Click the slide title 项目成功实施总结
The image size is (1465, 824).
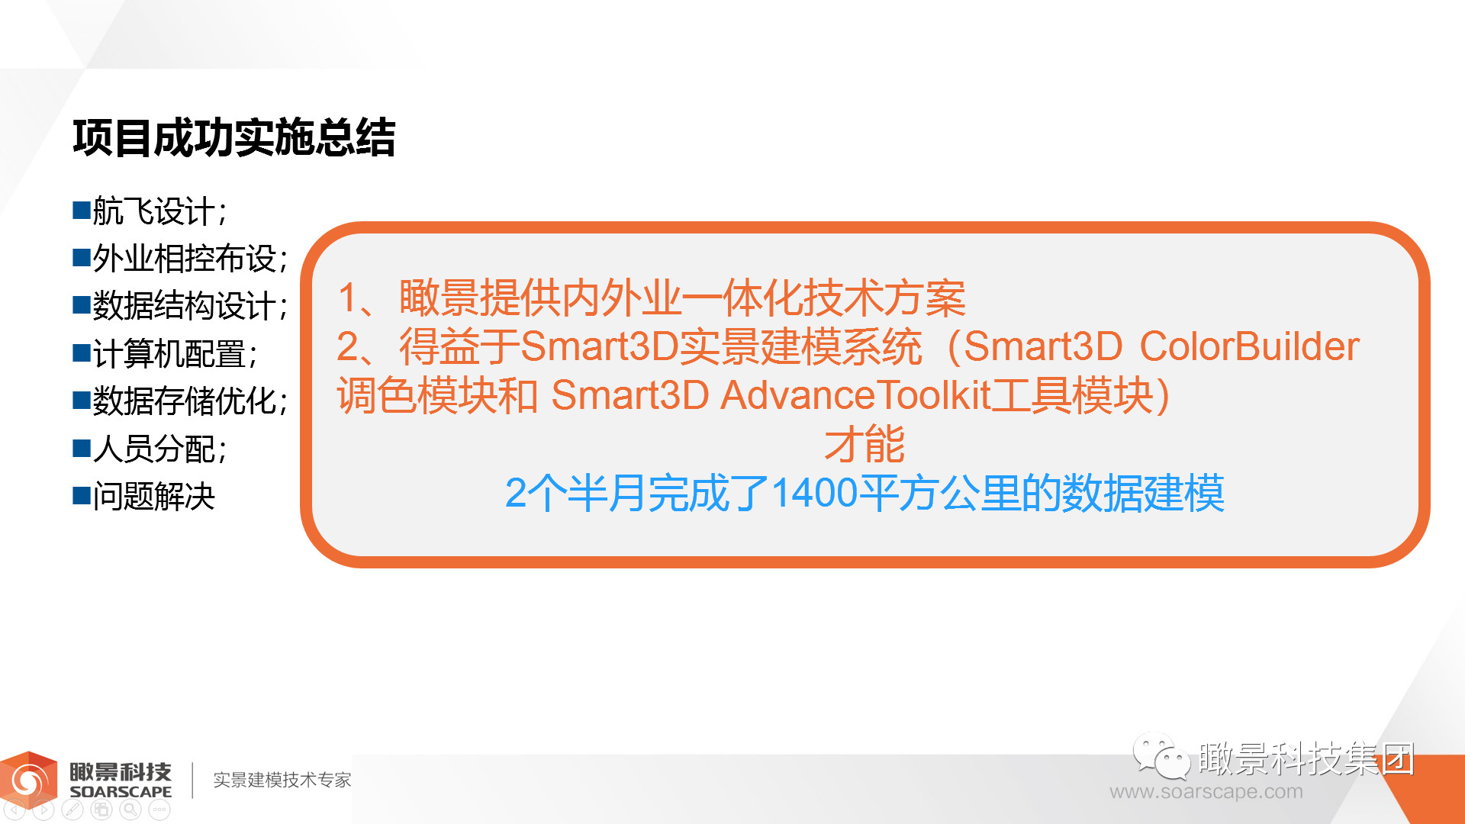pyautogui.click(x=234, y=138)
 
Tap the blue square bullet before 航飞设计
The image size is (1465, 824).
pyautogui.click(x=82, y=210)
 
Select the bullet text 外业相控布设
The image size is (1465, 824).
pyautogui.click(x=184, y=259)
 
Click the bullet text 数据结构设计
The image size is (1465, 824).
pyautogui.click(x=184, y=306)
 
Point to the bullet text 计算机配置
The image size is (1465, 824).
pyautogui.click(x=169, y=354)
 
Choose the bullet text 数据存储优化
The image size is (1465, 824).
pyautogui.click(x=184, y=401)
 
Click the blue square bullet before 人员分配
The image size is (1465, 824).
pyautogui.click(x=82, y=448)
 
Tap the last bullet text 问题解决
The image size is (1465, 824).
pyautogui.click(x=154, y=497)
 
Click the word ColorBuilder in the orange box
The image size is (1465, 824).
pyautogui.click(x=1249, y=346)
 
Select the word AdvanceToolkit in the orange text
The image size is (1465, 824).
pyautogui.click(x=855, y=395)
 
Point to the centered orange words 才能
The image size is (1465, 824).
pyautogui.click(x=865, y=444)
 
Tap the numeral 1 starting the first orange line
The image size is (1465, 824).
pyautogui.click(x=347, y=298)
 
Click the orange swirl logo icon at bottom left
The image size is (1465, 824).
pyautogui.click(x=29, y=780)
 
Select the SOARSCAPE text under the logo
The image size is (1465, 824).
pyautogui.click(x=121, y=792)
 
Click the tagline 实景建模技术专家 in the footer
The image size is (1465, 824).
pyautogui.click(x=282, y=780)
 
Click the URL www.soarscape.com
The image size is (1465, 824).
pyautogui.click(x=1206, y=792)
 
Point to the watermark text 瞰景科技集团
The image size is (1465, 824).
pyautogui.click(x=1306, y=758)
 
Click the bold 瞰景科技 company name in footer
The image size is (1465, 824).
pyautogui.click(x=121, y=772)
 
